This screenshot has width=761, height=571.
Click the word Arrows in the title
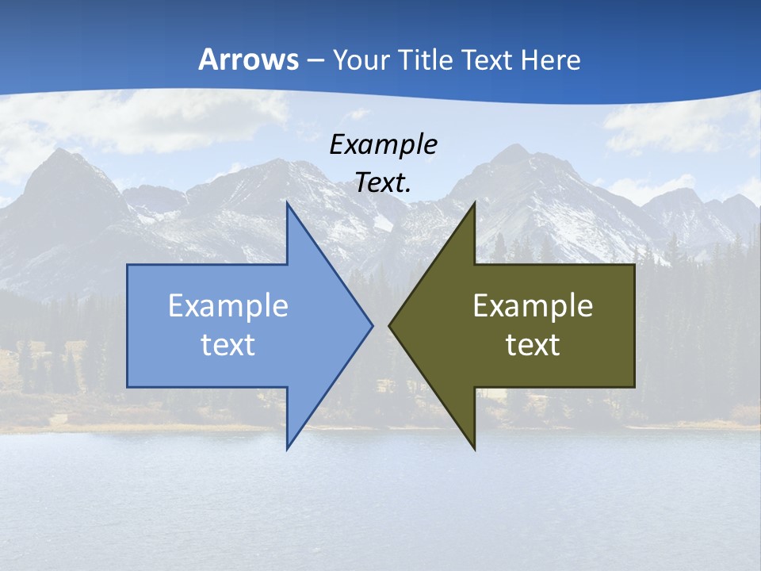pyautogui.click(x=248, y=59)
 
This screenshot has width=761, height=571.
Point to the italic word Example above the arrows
pyautogui.click(x=383, y=145)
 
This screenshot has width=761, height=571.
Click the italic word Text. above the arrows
pyautogui.click(x=383, y=182)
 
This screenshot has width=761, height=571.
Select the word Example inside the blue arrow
pyautogui.click(x=228, y=306)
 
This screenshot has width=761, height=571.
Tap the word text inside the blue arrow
pyautogui.click(x=228, y=344)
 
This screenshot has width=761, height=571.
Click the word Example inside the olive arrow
pyautogui.click(x=533, y=306)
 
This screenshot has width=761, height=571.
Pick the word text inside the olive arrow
pyautogui.click(x=533, y=344)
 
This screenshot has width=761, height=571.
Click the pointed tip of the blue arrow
pyautogui.click(x=372, y=325)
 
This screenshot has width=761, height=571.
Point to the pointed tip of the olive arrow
pyautogui.click(x=389, y=325)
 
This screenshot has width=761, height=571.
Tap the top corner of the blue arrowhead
pyautogui.click(x=287, y=203)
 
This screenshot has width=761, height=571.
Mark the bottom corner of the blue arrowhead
pyautogui.click(x=287, y=449)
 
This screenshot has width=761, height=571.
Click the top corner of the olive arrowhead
pyautogui.click(x=474, y=203)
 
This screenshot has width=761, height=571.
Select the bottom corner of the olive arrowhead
pyautogui.click(x=474, y=449)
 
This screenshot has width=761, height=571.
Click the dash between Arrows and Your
pyautogui.click(x=315, y=60)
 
